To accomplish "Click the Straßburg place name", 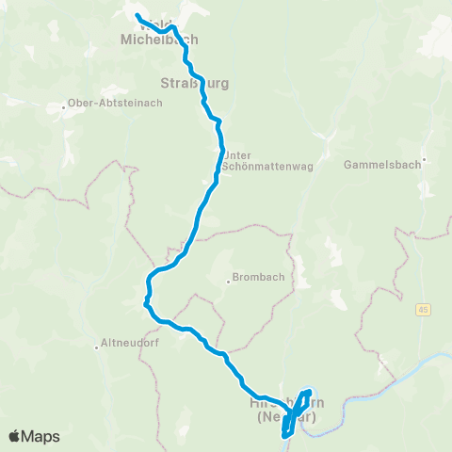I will tap(196, 83).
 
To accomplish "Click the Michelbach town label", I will tap(160, 40).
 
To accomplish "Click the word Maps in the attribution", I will tap(41, 436).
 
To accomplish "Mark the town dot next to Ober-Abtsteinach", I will tap(63, 105).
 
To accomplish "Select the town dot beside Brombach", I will tap(229, 280).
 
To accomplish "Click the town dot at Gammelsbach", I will tap(425, 159).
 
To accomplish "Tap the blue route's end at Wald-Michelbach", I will tap(137, 17).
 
